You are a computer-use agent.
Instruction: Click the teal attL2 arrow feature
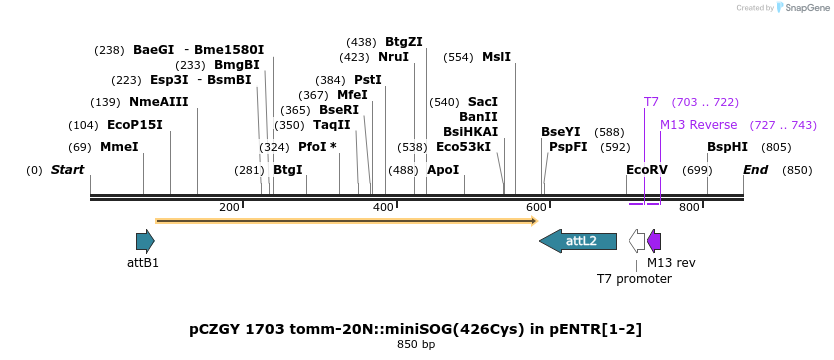[x=577, y=241]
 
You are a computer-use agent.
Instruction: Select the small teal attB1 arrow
[x=145, y=241]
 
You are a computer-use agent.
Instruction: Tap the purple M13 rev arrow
[x=654, y=241]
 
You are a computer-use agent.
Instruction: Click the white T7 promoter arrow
[x=637, y=241]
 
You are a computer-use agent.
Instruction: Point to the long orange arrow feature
[x=346, y=220]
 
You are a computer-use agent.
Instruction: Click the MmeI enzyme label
[x=119, y=147]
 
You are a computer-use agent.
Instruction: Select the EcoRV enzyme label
[x=646, y=170]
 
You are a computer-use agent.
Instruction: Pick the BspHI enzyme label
[x=727, y=147]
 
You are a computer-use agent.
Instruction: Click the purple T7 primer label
[x=651, y=102]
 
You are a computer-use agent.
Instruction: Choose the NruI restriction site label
[x=393, y=57]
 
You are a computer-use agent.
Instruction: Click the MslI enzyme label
[x=496, y=57]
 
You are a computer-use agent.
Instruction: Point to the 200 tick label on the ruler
[x=229, y=207]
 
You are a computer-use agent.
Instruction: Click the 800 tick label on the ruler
[x=689, y=207]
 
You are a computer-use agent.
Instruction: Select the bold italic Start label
[x=67, y=170]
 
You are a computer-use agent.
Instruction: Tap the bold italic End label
[x=755, y=170]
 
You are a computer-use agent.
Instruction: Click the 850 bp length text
[x=416, y=345]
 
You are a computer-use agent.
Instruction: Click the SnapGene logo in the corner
[x=803, y=8]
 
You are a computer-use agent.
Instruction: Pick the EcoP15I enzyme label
[x=134, y=125]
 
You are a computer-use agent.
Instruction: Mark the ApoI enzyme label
[x=443, y=170]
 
